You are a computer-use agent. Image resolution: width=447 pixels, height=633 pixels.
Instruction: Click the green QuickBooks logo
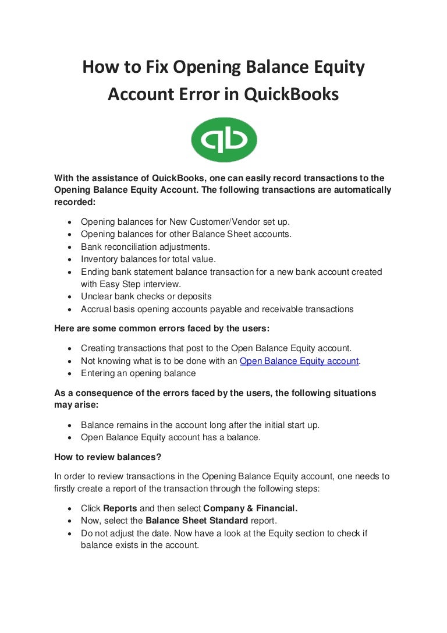[x=223, y=140]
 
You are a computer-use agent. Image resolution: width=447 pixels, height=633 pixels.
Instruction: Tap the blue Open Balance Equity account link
[x=300, y=361]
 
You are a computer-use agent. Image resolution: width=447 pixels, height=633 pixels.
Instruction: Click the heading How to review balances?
[x=108, y=458]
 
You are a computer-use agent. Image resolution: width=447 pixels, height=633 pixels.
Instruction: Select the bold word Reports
[x=120, y=508]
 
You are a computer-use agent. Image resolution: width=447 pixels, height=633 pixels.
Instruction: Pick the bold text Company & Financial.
[x=250, y=508]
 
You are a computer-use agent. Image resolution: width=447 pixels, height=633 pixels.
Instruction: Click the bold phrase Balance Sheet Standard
[x=197, y=521]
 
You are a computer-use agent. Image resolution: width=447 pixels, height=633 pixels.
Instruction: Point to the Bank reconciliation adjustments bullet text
[x=146, y=247]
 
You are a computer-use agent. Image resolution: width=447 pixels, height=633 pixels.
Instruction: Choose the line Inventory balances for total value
[x=148, y=259]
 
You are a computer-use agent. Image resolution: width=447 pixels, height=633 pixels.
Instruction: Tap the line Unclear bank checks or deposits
[x=146, y=296]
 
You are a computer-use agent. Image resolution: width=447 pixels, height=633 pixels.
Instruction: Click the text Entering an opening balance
[x=139, y=373]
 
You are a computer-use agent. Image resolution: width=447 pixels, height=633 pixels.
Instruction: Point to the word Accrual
[x=95, y=309]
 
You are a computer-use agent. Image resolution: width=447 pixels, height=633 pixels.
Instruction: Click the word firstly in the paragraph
[x=68, y=489]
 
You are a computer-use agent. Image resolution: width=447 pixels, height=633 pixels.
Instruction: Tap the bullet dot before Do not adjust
[x=70, y=533]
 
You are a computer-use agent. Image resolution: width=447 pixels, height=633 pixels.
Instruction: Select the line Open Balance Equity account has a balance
[x=171, y=437]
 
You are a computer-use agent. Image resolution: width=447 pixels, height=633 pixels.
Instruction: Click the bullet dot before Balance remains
[x=70, y=425]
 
